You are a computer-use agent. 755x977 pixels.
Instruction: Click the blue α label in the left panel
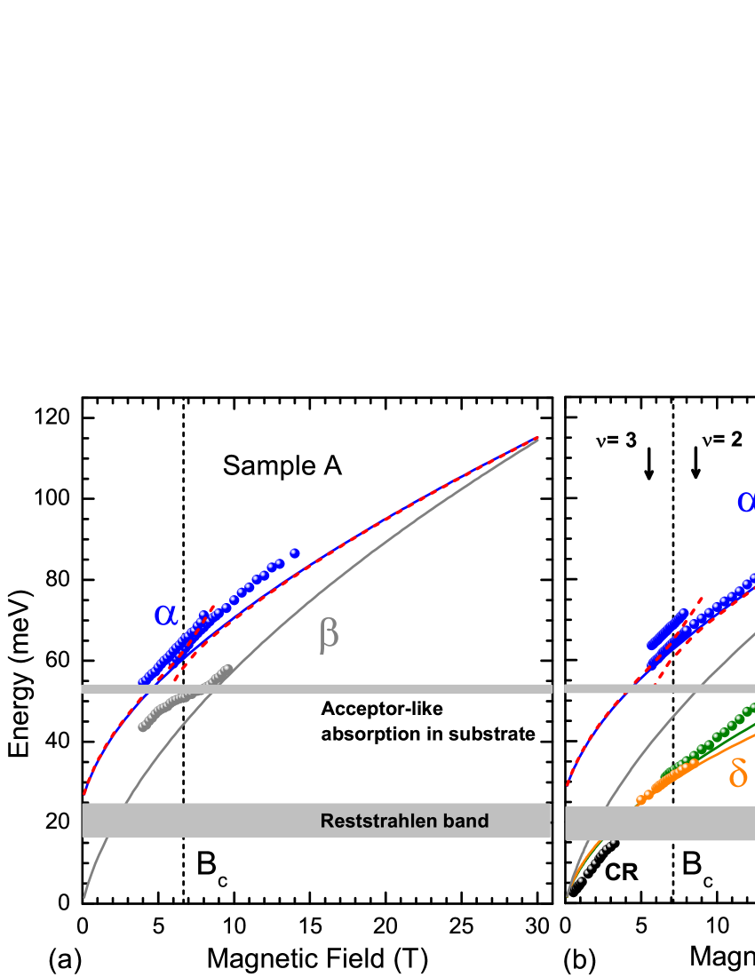pyautogui.click(x=165, y=614)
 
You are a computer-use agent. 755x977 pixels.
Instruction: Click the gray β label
pyautogui.click(x=329, y=635)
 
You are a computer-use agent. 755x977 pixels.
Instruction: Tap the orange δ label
pyautogui.click(x=738, y=772)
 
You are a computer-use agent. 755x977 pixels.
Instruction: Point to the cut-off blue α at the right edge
pyautogui.click(x=746, y=501)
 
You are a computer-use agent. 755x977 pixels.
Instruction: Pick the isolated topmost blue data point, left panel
pyautogui.click(x=295, y=553)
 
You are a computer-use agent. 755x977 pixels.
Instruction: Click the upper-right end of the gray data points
pyautogui.click(x=227, y=668)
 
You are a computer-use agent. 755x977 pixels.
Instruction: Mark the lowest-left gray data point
pyautogui.click(x=142, y=728)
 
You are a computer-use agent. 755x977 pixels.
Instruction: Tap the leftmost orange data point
pyautogui.click(x=639, y=800)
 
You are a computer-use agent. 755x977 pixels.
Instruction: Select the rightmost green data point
pyautogui.click(x=751, y=708)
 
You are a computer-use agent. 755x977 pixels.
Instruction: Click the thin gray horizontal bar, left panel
pyautogui.click(x=316, y=688)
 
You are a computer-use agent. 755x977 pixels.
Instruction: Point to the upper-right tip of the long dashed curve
pyautogui.click(x=536, y=439)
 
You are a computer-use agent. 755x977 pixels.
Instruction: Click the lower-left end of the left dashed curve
pyautogui.click(x=85, y=791)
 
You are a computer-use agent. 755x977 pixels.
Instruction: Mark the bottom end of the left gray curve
pyautogui.click(x=85, y=896)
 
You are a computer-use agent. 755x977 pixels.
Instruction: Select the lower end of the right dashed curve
pyautogui.click(x=568, y=785)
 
